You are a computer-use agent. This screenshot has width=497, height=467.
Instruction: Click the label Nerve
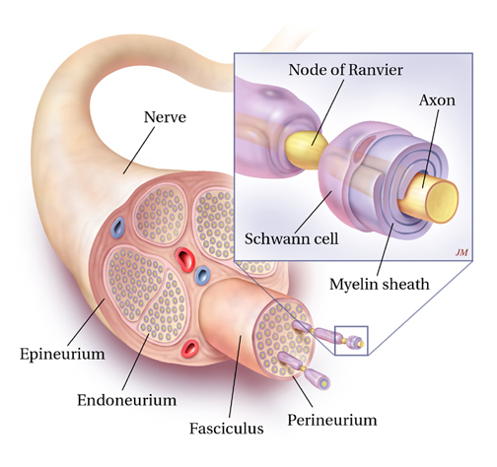coord(165,117)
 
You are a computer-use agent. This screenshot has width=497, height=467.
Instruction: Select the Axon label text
coord(437,100)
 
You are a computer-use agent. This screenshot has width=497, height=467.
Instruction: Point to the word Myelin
coord(352,285)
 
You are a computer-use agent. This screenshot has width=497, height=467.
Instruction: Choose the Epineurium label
coord(62,355)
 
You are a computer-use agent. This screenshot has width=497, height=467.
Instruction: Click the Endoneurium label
coord(127,400)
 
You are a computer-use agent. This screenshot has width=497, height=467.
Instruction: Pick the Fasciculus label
coord(227,429)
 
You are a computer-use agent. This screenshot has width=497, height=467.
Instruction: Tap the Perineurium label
coord(332,420)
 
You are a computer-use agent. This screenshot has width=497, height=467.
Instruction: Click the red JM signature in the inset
coord(461,252)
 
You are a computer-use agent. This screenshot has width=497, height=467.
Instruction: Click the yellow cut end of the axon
coord(442,201)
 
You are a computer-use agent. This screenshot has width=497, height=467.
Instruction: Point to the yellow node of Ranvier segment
coord(306,150)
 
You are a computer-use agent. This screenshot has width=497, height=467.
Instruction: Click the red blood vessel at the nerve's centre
coord(185,259)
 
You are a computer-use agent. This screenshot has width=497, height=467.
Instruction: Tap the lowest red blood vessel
coord(190,349)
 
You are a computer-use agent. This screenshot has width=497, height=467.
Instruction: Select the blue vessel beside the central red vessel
coord(202,275)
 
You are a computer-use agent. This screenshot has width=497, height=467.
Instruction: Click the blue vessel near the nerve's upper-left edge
coord(117,227)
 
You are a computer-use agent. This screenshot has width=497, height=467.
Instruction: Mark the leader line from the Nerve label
coord(139,151)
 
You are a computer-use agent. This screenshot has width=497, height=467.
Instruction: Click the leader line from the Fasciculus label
coord(235,376)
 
